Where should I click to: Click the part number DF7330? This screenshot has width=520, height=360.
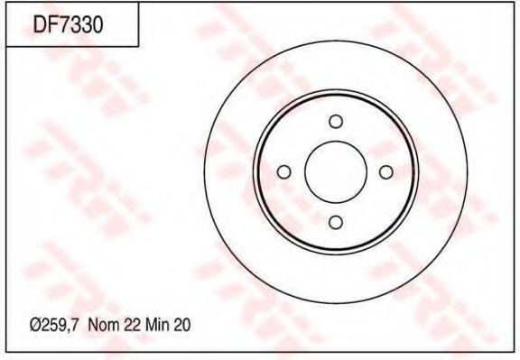point(68,25)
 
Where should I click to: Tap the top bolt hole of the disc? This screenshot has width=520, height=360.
point(336,121)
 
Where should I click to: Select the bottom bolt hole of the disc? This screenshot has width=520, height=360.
point(336,223)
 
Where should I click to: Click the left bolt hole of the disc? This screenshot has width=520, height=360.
point(283,172)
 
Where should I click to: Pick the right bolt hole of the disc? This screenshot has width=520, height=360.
point(386,172)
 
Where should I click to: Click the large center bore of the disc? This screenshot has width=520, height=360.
point(336,172)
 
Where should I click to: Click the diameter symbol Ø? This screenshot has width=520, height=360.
point(35,326)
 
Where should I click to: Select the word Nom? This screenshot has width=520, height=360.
point(104,325)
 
